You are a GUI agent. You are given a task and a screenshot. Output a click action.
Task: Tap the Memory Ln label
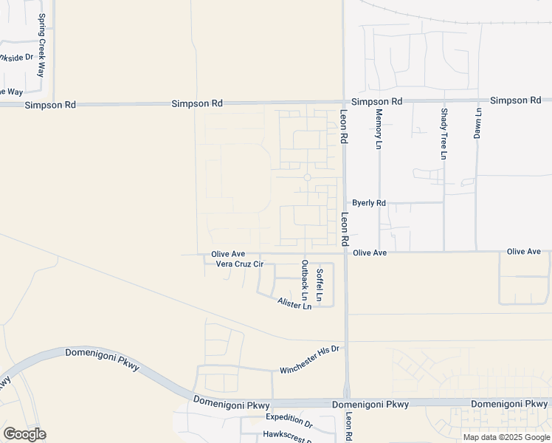pos(379,130)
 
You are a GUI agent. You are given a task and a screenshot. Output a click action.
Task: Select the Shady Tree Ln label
pos(444,134)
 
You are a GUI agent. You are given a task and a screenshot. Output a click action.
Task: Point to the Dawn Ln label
pos(477,123)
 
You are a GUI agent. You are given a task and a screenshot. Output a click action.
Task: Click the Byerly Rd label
pos(368,203)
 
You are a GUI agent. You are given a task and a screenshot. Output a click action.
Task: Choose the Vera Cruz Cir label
pos(239,264)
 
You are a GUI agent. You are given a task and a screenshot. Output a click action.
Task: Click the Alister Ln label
pos(294,303)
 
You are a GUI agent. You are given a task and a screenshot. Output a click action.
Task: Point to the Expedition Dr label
pos(289,418)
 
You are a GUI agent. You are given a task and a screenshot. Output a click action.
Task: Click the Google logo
pos(24,434)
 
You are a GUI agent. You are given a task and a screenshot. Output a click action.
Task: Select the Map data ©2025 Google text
pos(506,437)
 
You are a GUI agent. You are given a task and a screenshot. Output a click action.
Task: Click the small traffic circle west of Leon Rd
pos(307,177)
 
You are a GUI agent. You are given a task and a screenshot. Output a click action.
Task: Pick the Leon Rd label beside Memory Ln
pos(344,126)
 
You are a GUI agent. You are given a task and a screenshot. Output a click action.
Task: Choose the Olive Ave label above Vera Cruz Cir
pos(228,254)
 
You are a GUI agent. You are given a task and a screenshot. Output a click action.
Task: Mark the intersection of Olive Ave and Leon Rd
pos(345,253)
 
